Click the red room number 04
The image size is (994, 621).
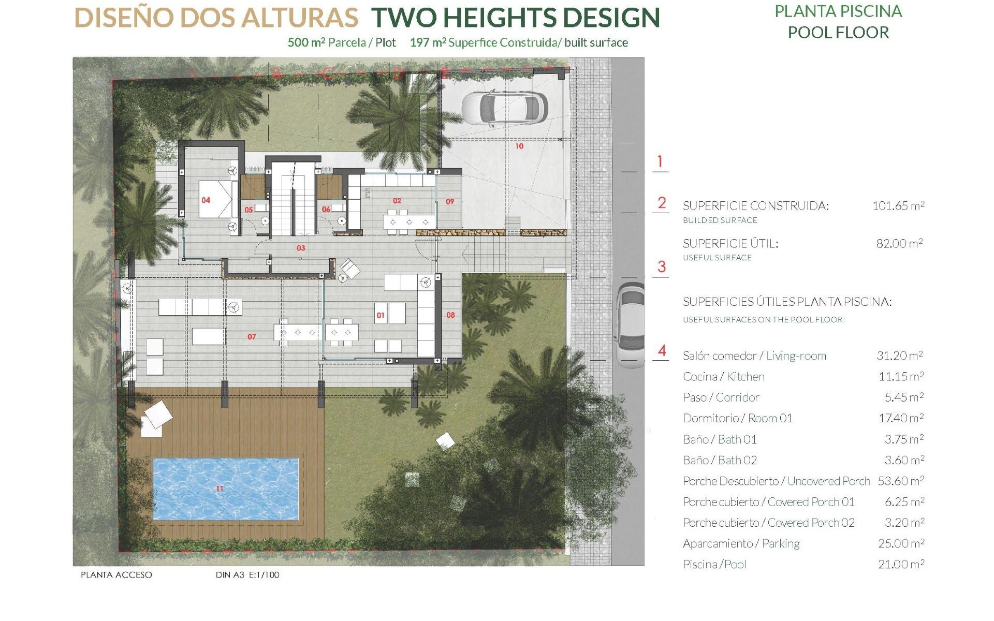(x=206, y=200)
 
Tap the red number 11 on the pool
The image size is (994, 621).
(x=220, y=489)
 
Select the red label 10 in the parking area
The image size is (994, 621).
(x=519, y=146)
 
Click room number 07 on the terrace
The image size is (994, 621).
(x=252, y=337)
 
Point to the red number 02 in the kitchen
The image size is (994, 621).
(x=397, y=201)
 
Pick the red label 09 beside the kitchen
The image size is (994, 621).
(x=450, y=202)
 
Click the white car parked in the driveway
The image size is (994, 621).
(x=504, y=108)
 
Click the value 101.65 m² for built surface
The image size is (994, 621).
(x=898, y=206)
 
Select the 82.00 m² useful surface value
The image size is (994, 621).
(x=899, y=244)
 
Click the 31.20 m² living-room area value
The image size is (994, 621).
(x=899, y=356)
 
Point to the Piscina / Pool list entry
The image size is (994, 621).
(x=714, y=565)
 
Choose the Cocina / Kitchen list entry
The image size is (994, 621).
(x=723, y=377)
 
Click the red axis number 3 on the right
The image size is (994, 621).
(x=661, y=267)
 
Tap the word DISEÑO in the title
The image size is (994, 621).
(x=125, y=18)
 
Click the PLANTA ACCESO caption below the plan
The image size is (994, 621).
(x=116, y=575)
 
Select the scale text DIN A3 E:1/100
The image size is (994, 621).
(x=247, y=575)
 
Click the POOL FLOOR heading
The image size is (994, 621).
(x=838, y=33)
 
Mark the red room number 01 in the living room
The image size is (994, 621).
(x=381, y=316)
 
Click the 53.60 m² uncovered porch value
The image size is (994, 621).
(x=900, y=481)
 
